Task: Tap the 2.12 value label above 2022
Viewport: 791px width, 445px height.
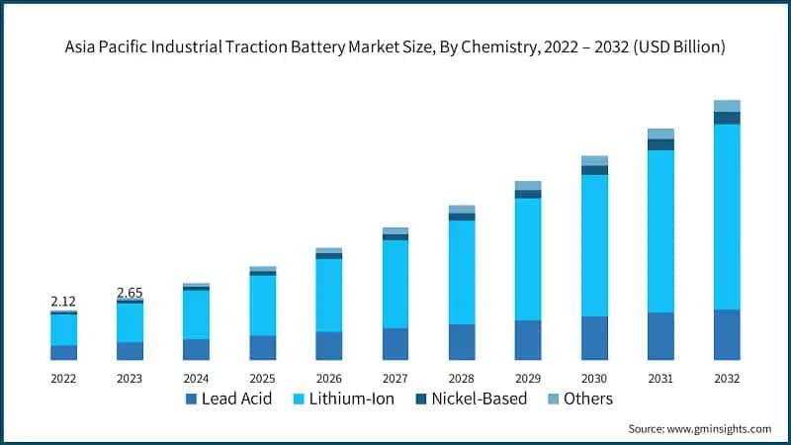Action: [63, 301]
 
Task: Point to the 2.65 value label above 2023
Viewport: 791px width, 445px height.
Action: [130, 292]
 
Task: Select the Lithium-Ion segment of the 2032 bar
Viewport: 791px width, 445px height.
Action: [727, 216]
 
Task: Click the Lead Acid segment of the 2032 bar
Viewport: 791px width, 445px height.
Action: [727, 334]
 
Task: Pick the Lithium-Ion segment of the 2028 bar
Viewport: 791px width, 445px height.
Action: [462, 272]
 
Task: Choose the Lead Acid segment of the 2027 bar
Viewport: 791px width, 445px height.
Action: [395, 343]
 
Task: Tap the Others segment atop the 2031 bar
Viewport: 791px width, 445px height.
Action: [660, 133]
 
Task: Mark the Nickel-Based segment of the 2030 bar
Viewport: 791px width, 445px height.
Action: [594, 170]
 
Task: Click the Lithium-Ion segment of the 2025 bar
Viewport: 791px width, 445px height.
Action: [263, 305]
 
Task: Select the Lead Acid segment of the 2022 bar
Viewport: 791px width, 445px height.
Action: [63, 352]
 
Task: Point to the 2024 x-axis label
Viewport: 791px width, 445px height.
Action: [196, 379]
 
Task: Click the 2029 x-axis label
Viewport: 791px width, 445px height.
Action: [528, 379]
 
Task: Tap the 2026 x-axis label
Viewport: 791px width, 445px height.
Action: [328, 379]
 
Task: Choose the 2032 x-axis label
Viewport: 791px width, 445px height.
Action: [727, 379]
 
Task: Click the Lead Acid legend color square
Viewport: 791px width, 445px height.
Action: [191, 400]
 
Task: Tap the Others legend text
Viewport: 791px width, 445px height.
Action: [588, 400]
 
